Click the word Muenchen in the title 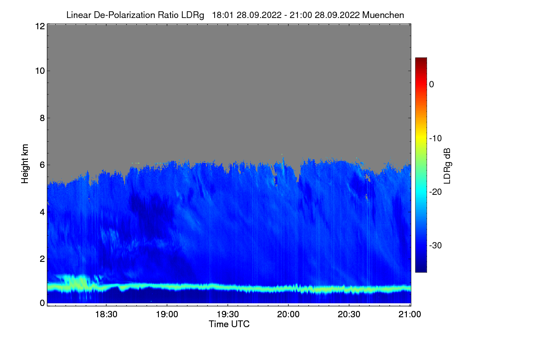pos(383,15)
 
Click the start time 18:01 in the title pos(222,15)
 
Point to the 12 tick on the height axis pos(39,26)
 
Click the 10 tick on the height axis pos(39,71)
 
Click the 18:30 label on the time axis pos(106,315)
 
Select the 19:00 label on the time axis pos(167,315)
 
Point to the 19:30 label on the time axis pos(228,315)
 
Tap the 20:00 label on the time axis pos(288,315)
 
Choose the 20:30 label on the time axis pos(349,315)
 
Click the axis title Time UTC pos(229,324)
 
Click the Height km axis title pos(25,164)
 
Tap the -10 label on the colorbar pos(436,138)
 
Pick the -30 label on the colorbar pos(436,246)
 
